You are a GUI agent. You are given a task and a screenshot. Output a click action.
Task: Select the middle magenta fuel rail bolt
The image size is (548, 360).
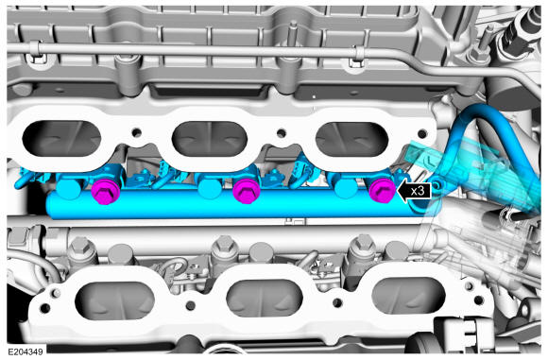pos(247,191)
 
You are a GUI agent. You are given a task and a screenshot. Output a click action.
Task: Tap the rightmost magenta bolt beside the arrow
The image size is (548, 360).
pos(383,191)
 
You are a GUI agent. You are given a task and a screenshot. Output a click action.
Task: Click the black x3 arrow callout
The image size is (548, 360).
pos(414,192)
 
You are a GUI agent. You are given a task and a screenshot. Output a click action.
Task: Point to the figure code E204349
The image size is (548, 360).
pos(26,351)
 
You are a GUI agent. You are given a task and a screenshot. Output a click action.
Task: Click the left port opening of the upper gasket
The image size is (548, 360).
pos(61,139)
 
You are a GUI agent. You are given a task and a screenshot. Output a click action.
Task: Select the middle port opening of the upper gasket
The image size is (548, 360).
pos(210,139)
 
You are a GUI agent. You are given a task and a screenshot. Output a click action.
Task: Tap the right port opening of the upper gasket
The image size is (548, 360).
pos(351,140)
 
